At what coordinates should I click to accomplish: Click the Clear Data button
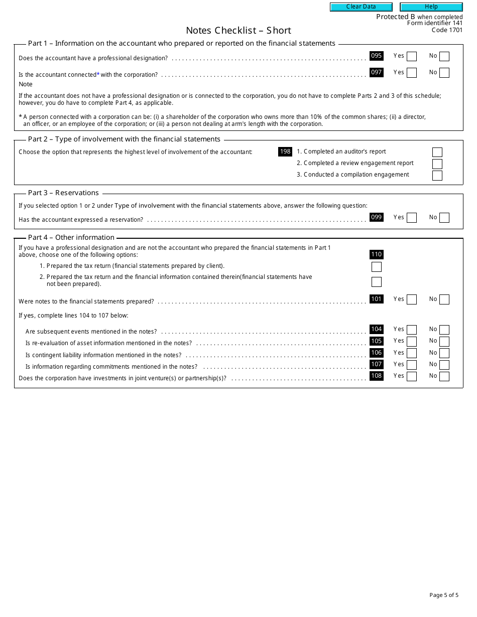point(361,7)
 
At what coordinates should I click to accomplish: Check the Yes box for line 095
point(412,57)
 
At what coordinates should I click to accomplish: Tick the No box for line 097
point(444,73)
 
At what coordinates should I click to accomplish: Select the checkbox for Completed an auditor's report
point(437,152)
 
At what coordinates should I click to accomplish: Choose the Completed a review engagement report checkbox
point(437,164)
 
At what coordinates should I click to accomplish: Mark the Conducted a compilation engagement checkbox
point(437,176)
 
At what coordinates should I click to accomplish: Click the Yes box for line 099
point(412,218)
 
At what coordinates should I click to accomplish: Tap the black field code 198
point(285,151)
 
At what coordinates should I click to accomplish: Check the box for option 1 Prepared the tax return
point(376,267)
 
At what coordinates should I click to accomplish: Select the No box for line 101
point(444,299)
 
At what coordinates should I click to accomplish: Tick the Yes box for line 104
point(412,330)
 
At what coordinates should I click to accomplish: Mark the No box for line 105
point(444,342)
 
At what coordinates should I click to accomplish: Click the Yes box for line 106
point(412,353)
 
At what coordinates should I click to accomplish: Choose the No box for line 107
point(444,365)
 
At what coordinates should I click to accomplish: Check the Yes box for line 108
point(412,376)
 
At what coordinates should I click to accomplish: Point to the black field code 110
point(376,254)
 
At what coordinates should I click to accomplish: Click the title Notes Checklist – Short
point(238,31)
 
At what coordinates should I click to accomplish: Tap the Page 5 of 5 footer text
point(444,595)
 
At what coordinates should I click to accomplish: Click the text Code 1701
point(447,30)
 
